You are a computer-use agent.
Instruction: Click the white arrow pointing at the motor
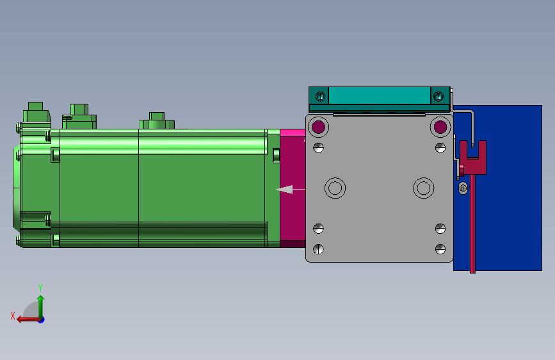tap(286, 190)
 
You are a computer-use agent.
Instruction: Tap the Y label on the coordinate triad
tap(40, 288)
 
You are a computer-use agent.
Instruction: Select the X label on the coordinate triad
tap(12, 315)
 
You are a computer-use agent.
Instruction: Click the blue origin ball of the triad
tap(41, 319)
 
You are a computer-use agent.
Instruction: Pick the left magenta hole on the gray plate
tap(318, 127)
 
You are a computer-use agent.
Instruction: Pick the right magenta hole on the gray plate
tap(440, 127)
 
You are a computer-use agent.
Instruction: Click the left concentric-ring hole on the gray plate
tap(335, 188)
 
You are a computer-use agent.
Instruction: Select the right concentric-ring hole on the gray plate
tap(422, 188)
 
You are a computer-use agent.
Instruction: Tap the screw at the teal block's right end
tap(438, 97)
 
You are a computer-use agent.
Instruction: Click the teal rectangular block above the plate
tap(379, 96)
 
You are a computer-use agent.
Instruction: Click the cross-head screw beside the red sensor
tap(463, 188)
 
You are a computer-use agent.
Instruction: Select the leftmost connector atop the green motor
tap(36, 113)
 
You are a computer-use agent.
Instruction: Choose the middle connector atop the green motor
tap(79, 115)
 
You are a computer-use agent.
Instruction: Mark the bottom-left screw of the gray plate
tap(319, 249)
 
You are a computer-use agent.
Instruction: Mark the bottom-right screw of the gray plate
tap(440, 249)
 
